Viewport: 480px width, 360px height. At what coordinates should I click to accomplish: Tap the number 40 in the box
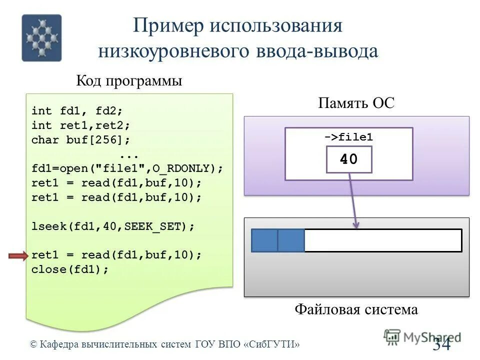point(348,159)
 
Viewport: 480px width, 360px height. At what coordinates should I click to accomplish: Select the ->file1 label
point(348,137)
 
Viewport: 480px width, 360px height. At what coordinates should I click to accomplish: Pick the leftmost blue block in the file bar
point(264,240)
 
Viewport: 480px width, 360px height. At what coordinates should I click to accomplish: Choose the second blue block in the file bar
point(291,240)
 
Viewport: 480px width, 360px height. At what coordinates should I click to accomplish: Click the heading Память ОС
point(356,103)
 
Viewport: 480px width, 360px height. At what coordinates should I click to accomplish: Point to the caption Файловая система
point(356,309)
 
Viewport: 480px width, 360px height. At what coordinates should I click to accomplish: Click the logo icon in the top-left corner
point(41,37)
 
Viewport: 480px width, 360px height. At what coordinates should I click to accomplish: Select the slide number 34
point(441,344)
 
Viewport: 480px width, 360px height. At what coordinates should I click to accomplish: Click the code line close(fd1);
point(70,269)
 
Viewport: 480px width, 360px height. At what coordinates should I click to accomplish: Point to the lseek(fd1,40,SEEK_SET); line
point(112,226)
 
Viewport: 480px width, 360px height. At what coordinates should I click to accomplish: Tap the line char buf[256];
point(80,140)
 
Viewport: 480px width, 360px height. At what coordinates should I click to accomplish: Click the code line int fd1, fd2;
point(77,110)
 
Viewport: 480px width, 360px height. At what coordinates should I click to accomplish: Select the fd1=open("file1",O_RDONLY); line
point(127,168)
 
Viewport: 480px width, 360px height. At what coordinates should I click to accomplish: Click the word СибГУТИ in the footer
point(273,344)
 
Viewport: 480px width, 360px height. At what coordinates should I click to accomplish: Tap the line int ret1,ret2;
point(80,125)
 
